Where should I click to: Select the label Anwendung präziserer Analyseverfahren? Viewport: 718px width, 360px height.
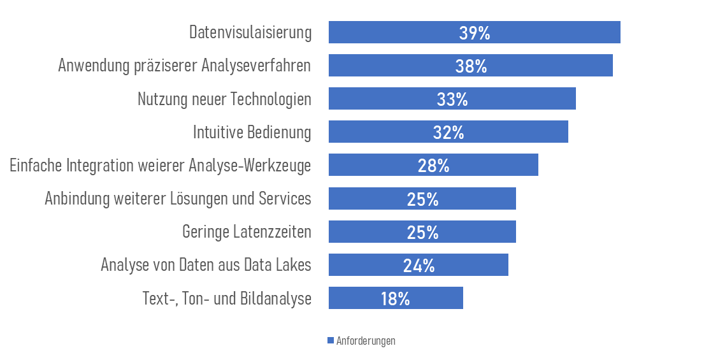pos(184,66)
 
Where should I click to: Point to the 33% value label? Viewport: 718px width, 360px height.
pos(452,99)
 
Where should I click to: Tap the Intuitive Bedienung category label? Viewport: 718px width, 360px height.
pos(252,133)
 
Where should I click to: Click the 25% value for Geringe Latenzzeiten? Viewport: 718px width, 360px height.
pos(423,232)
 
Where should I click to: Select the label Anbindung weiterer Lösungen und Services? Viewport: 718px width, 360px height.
pos(178,199)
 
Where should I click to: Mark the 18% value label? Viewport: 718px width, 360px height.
pos(396,298)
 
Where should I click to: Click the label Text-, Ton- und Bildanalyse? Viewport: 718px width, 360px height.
pos(227,299)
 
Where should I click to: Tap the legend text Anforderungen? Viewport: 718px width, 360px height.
pos(366,341)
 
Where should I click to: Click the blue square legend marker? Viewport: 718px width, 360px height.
pos(331,341)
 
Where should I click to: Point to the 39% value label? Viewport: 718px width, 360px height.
pos(475,33)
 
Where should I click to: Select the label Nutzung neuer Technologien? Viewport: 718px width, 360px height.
pos(224,99)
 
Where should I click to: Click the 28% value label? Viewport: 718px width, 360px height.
pos(434,166)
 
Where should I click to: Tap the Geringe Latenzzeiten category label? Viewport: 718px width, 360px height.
pos(247,232)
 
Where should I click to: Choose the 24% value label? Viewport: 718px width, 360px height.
pos(419,265)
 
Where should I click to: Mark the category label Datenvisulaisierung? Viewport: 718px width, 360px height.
pos(250,33)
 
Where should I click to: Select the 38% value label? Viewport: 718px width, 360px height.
pos(471,66)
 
